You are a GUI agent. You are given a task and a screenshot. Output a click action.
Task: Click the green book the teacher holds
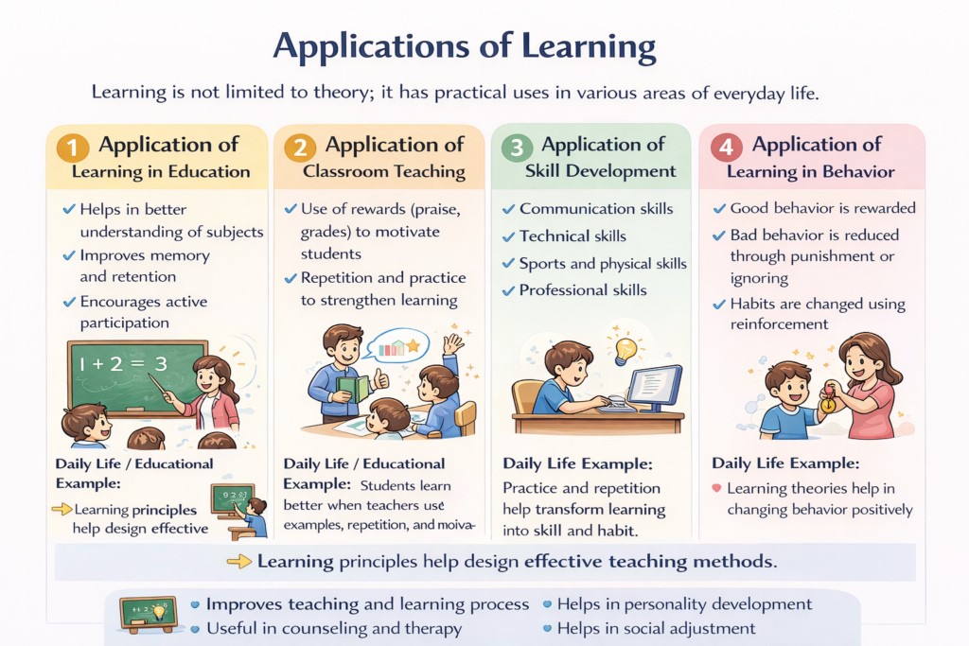click(353, 388)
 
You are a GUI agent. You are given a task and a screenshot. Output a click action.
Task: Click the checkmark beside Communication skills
click(509, 209)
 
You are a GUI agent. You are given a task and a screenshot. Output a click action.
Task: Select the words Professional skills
click(583, 289)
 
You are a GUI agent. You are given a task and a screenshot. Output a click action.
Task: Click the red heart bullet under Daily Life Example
click(716, 489)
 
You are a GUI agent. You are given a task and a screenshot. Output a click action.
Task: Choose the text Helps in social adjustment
click(656, 628)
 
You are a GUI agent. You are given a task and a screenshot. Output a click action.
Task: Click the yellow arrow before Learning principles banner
click(240, 562)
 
